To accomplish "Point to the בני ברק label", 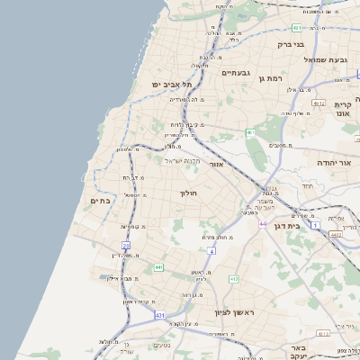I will pos(291,43).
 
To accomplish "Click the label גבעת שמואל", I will pos(325,59).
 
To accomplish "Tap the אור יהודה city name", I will pos(332,163).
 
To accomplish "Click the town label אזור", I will pos(216,165).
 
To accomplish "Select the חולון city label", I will pos(188,193).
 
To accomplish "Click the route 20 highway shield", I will pos(126,245).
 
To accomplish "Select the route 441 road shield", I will pos(158,267).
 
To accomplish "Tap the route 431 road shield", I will pos(159,316).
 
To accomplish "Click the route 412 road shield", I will pos(233,280).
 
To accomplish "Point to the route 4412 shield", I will pos(335,234).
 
